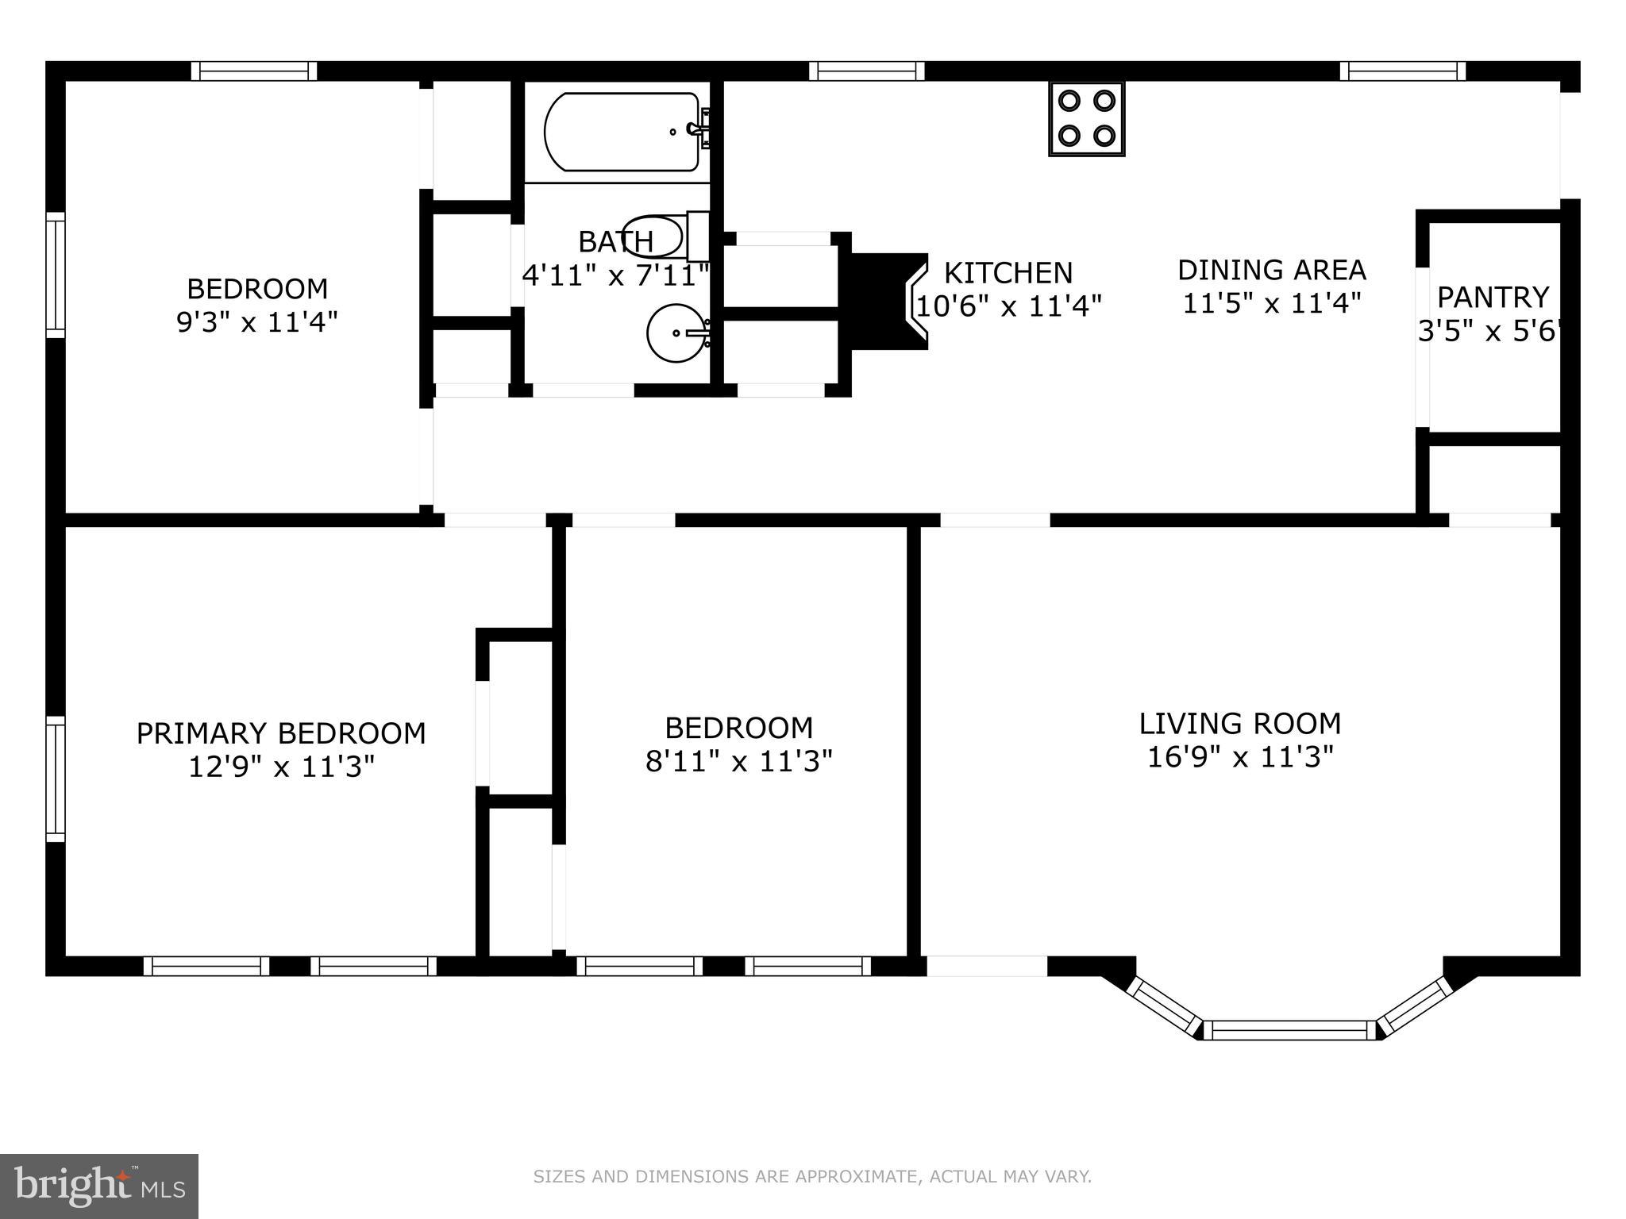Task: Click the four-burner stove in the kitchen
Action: [1086, 119]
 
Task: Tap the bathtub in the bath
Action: [622, 132]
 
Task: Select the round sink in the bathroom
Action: [676, 333]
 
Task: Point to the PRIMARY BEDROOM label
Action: [281, 733]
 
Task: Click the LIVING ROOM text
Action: [1239, 724]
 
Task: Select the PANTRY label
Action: [1493, 298]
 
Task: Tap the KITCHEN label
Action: [1008, 273]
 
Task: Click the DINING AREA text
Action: [1271, 270]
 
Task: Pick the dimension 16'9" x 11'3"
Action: [1239, 757]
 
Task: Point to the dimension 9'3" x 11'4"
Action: [256, 322]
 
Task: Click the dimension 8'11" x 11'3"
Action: [738, 762]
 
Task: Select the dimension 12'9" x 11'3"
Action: [281, 767]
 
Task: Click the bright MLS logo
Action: [98, 1186]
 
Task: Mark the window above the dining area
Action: [1402, 71]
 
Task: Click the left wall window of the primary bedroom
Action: [55, 779]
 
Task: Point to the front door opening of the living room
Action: [987, 966]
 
